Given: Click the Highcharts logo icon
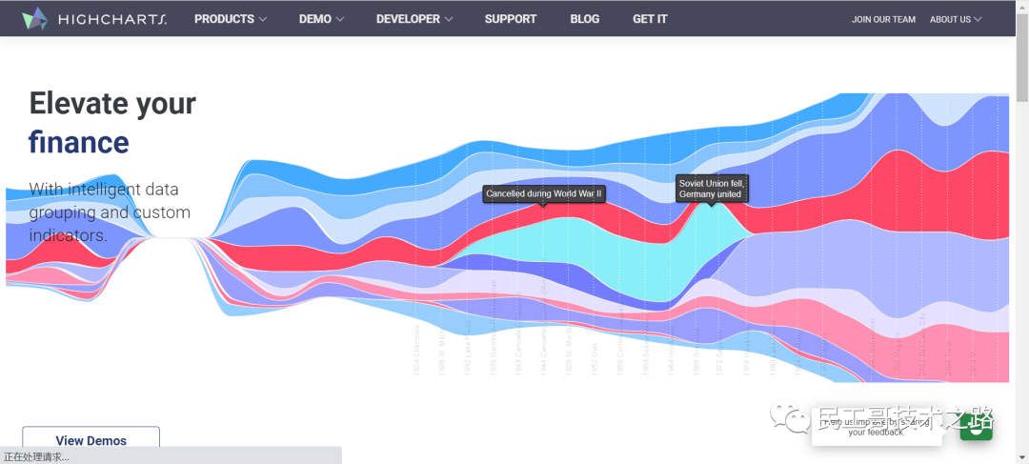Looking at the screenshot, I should (34, 18).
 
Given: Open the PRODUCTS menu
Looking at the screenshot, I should (231, 19).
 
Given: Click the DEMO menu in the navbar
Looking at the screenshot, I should (321, 19).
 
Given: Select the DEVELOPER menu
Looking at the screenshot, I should (414, 19).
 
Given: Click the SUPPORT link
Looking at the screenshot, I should (510, 19).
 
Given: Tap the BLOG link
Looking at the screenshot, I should (585, 19).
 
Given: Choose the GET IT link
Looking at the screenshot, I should (650, 19).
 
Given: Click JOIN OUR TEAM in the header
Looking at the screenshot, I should (883, 19).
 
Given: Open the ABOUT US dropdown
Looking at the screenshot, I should (956, 19).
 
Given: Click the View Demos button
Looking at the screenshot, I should (91, 440).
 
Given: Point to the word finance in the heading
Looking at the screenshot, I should (78, 143).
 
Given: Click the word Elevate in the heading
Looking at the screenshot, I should (76, 103).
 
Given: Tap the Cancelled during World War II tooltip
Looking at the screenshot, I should (544, 193).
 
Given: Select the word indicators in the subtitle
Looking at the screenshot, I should (65, 235).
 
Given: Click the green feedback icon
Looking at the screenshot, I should (976, 426).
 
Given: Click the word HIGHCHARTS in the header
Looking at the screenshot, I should (112, 19).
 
